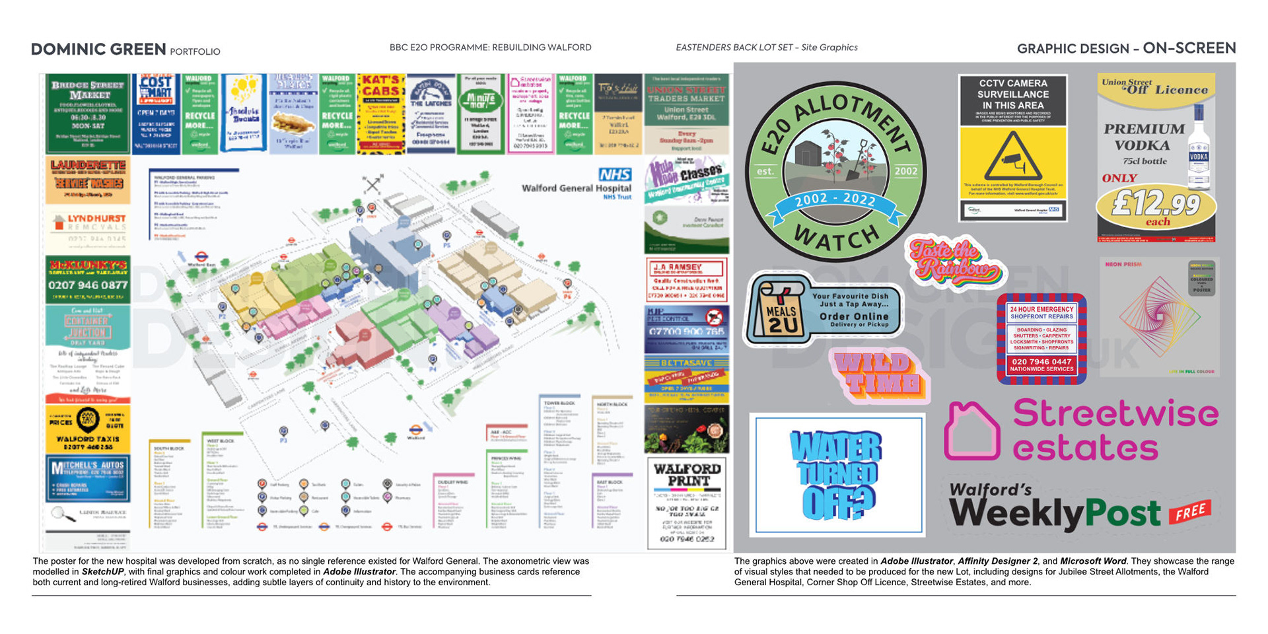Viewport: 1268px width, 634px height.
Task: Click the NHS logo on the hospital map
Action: point(615,174)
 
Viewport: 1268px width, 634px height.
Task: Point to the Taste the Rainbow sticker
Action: point(953,262)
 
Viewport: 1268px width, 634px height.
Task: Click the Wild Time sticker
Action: point(878,374)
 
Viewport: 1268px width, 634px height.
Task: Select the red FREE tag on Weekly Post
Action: point(1189,511)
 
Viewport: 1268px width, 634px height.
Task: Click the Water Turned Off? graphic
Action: point(837,474)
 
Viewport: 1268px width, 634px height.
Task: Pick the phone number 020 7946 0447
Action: point(1041,361)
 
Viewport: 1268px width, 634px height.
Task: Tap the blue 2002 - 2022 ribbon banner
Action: point(835,200)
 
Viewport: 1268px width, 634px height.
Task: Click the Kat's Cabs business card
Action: point(380,114)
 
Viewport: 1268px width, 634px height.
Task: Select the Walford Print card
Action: point(687,503)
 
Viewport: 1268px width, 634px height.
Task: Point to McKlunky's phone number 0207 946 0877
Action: point(88,285)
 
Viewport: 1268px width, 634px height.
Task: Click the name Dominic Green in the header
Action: point(98,50)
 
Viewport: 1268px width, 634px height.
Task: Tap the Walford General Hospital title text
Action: point(576,188)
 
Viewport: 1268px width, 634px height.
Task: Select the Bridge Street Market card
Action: point(88,114)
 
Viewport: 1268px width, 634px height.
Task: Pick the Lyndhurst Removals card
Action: point(88,229)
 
